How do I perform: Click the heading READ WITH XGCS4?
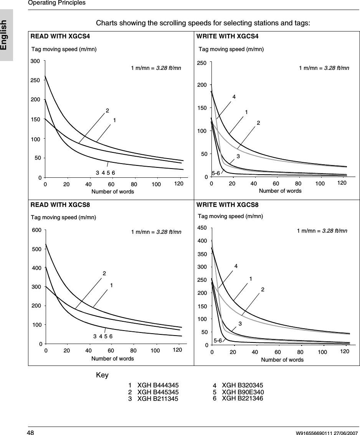(60, 36)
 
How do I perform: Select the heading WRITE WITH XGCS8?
(227, 205)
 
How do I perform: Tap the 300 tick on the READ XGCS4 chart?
(36, 61)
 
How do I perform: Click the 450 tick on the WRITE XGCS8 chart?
(202, 228)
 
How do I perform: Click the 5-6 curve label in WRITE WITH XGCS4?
(216, 173)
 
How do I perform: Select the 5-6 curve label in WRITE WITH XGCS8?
(218, 340)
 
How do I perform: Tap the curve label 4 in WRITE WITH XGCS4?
(233, 97)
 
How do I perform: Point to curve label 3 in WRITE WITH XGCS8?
(240, 324)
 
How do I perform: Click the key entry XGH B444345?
(158, 385)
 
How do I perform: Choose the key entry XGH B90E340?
(243, 392)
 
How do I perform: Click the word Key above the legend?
(102, 375)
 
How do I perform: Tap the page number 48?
(30, 433)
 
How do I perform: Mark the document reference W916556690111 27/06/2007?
(326, 433)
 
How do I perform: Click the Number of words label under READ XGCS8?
(112, 359)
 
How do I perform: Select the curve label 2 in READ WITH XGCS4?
(107, 111)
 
